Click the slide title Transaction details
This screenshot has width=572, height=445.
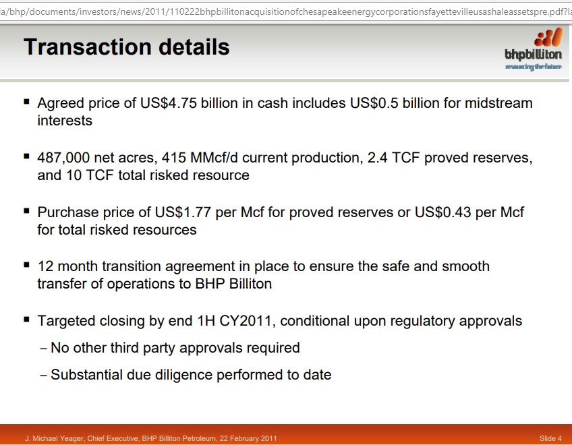click(127, 47)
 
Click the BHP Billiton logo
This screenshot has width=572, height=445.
click(534, 49)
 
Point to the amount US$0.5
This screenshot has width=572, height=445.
click(374, 103)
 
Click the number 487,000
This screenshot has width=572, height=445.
click(63, 158)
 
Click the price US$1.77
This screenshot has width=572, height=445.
click(183, 212)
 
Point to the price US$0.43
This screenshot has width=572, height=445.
click(443, 212)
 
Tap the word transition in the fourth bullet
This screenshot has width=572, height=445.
click(131, 266)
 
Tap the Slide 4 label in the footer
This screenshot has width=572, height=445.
click(550, 438)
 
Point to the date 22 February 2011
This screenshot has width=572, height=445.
click(248, 438)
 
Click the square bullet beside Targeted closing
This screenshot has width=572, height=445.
click(26, 320)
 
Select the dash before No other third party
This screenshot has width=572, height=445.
click(43, 349)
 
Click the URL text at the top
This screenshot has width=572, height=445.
click(285, 11)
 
